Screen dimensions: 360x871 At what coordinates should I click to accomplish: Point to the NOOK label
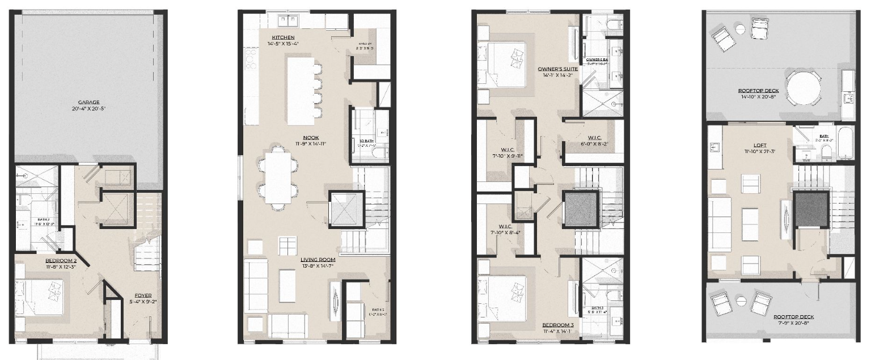[311, 137]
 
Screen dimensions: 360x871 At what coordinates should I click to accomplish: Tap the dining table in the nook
[278, 175]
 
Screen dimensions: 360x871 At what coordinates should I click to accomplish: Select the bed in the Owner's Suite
[506, 63]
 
